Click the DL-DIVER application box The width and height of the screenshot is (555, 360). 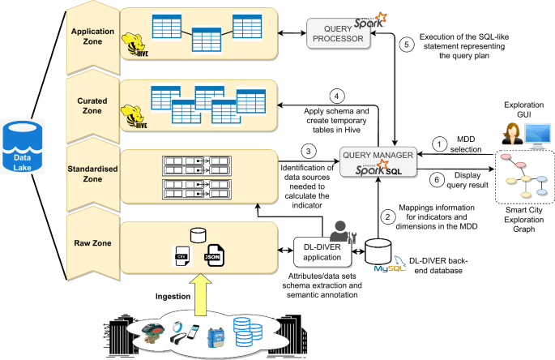tap(322, 250)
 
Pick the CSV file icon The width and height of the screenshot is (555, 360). tap(181, 255)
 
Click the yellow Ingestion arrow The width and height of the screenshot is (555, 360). tap(193, 294)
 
